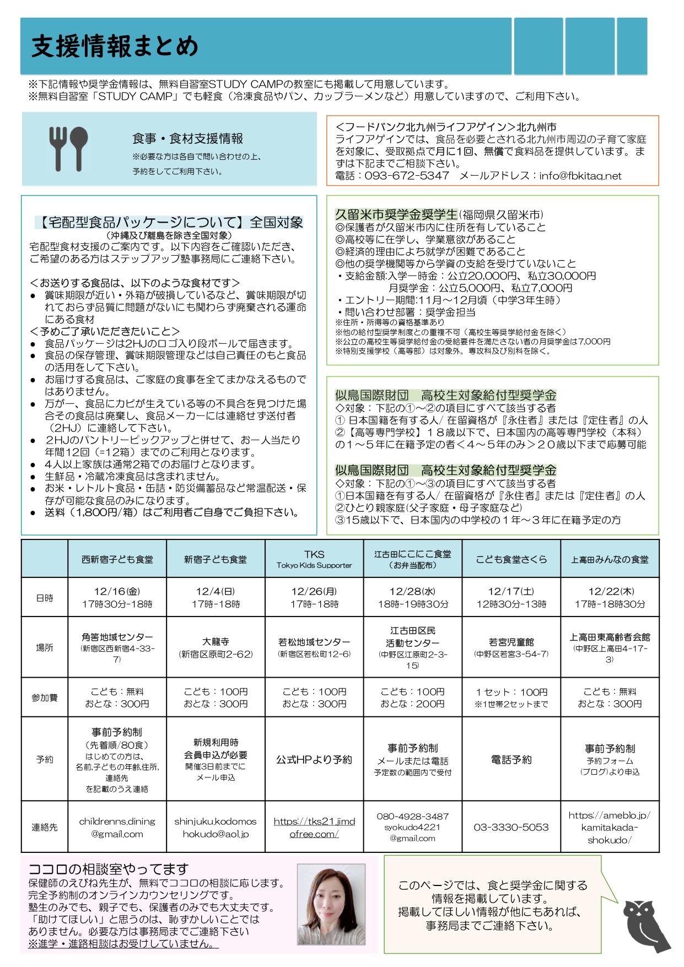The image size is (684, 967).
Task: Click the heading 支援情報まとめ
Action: (115, 47)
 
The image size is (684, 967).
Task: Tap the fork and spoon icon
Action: (68, 148)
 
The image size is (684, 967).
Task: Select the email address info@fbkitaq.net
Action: (580, 176)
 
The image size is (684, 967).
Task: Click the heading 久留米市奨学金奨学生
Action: (396, 214)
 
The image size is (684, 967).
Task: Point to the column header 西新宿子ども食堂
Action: (117, 559)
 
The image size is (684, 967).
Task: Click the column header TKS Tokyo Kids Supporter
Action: (314, 559)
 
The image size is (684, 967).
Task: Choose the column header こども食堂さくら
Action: (511, 559)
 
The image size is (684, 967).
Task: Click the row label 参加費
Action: (45, 698)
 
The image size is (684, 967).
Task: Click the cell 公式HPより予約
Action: (314, 759)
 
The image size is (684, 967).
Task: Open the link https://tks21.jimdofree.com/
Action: (314, 828)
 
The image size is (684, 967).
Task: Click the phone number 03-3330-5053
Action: (511, 827)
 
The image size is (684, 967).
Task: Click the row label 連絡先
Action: (45, 827)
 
